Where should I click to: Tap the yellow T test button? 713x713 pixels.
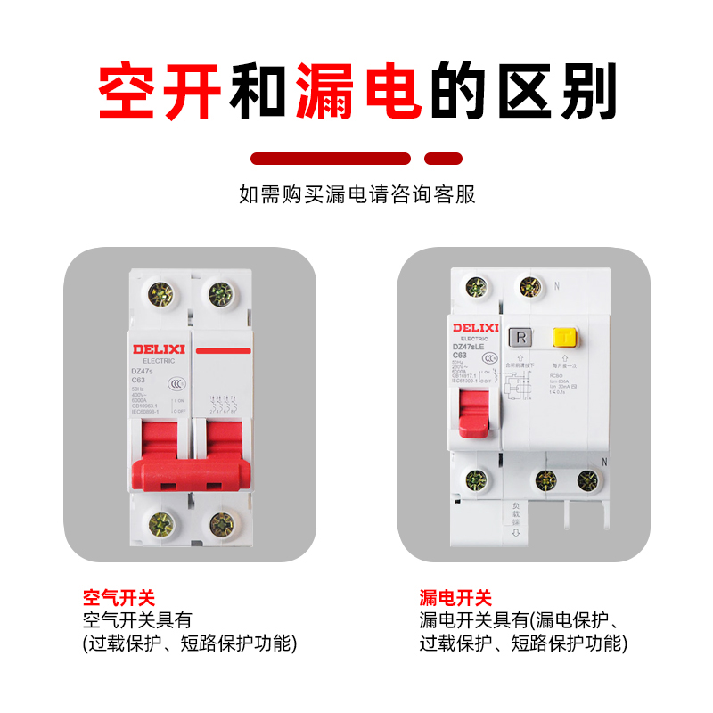coord(563,337)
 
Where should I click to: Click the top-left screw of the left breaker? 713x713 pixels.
coord(161,292)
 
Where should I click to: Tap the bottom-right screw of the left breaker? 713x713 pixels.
coord(217,524)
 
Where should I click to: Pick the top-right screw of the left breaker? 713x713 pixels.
coord(217,292)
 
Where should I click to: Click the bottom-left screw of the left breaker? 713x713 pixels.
coord(161,524)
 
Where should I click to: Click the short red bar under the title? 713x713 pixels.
coord(443,159)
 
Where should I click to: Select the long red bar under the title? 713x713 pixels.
coord(331,159)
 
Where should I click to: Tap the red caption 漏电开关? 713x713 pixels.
coord(455,598)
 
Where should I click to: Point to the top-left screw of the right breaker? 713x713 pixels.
coord(476,287)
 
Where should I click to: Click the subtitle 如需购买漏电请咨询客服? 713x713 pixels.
coord(356,194)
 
